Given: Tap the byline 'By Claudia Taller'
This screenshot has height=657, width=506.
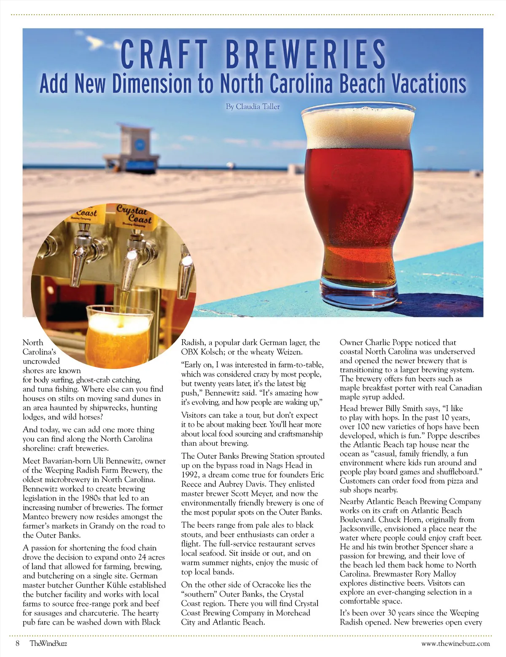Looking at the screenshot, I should point(253,107).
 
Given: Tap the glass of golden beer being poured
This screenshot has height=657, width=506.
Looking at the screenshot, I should point(119,333).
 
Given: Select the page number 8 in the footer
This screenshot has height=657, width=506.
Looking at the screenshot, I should point(18,643).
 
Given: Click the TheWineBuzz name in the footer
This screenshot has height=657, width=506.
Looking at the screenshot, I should point(48,643).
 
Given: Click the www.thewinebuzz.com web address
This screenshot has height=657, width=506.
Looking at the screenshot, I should point(455,643).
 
